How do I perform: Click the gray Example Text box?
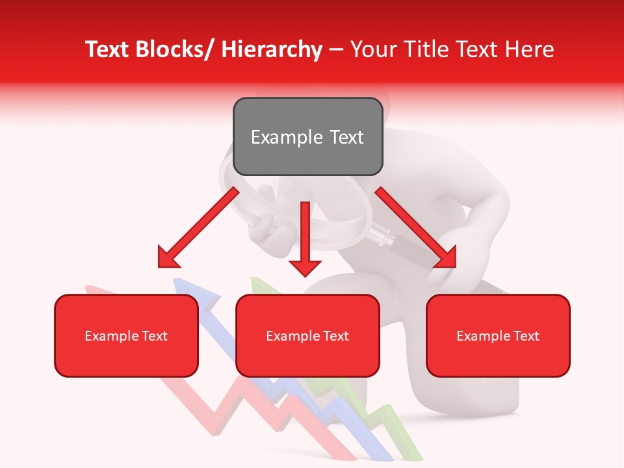(307, 136)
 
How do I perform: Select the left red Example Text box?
(126, 335)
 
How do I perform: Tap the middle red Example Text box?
(307, 335)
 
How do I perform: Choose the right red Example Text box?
(498, 335)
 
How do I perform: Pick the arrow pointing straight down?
(305, 240)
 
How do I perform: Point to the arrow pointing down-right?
(417, 227)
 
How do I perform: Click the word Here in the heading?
(530, 49)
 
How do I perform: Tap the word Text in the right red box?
(526, 335)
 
